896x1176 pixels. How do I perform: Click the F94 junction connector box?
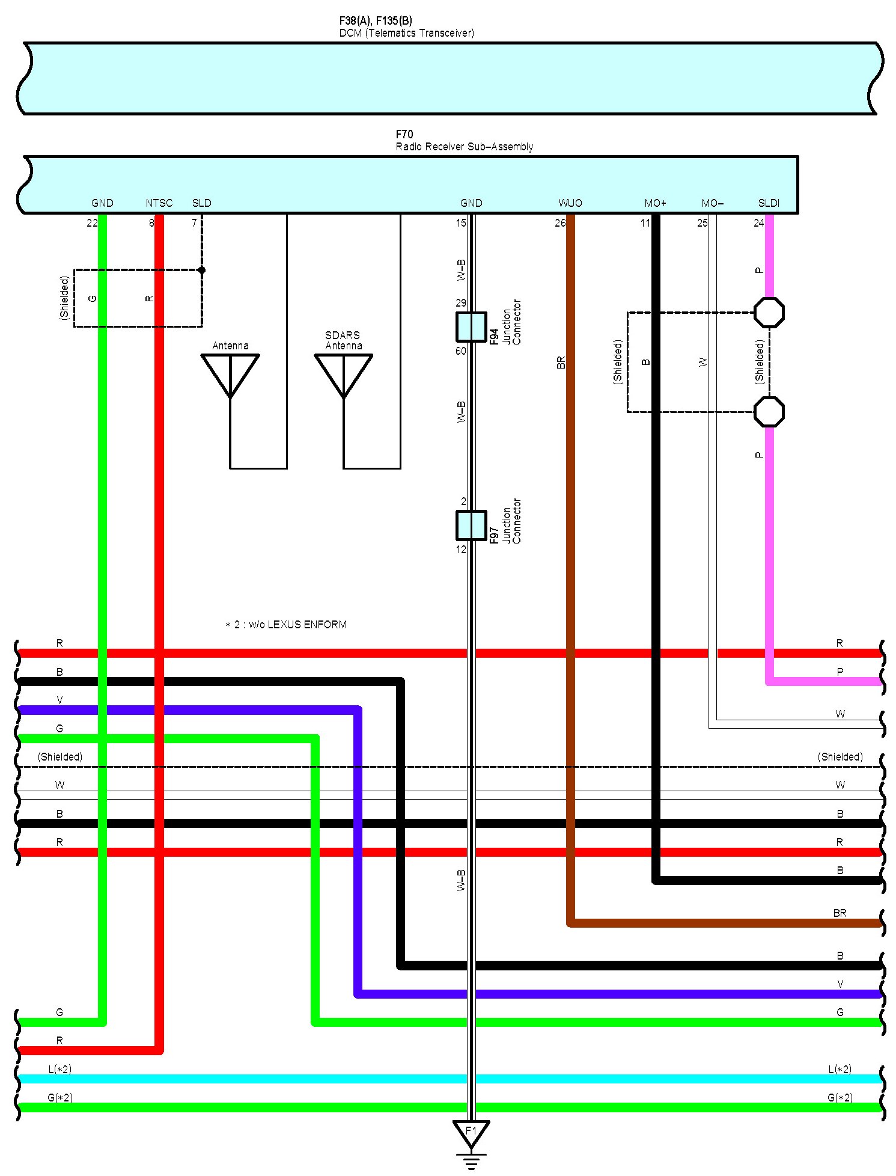471,327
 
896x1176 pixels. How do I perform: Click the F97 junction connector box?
471,525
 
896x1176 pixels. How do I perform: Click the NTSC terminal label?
159,203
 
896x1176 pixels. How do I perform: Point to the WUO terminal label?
570,203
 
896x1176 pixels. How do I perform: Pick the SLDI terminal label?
769,203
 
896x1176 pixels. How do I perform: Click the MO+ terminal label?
655,203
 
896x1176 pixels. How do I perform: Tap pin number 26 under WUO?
560,223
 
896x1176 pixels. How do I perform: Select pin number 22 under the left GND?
92,223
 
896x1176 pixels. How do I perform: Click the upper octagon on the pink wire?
769,313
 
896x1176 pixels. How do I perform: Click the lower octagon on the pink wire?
769,412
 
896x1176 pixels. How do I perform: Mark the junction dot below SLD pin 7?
202,270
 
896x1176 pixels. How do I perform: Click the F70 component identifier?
404,135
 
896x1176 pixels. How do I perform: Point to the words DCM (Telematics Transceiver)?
406,33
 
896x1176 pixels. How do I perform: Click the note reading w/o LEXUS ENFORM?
286,625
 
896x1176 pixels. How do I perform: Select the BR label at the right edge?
840,913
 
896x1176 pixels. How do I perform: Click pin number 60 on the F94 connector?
461,351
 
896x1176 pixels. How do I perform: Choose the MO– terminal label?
712,203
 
